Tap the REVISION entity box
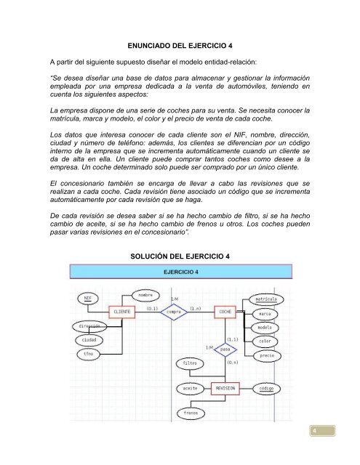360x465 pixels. coord(226,389)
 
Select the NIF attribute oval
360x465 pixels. coord(88,298)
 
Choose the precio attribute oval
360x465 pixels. coord(266,356)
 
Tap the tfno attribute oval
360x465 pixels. coord(87,354)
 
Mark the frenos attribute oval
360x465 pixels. coord(191,413)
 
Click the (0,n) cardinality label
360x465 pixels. coord(233,362)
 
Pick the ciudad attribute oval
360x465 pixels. coord(88,340)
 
